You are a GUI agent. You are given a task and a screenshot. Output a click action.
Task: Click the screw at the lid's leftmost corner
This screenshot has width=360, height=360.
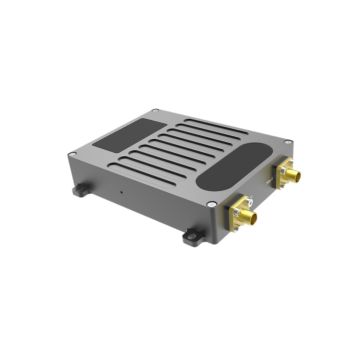click(73, 153)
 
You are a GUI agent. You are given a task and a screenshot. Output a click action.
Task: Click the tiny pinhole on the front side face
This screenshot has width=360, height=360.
click(123, 191)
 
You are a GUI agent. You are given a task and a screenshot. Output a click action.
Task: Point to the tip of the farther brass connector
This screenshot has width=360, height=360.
click(297, 180)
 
